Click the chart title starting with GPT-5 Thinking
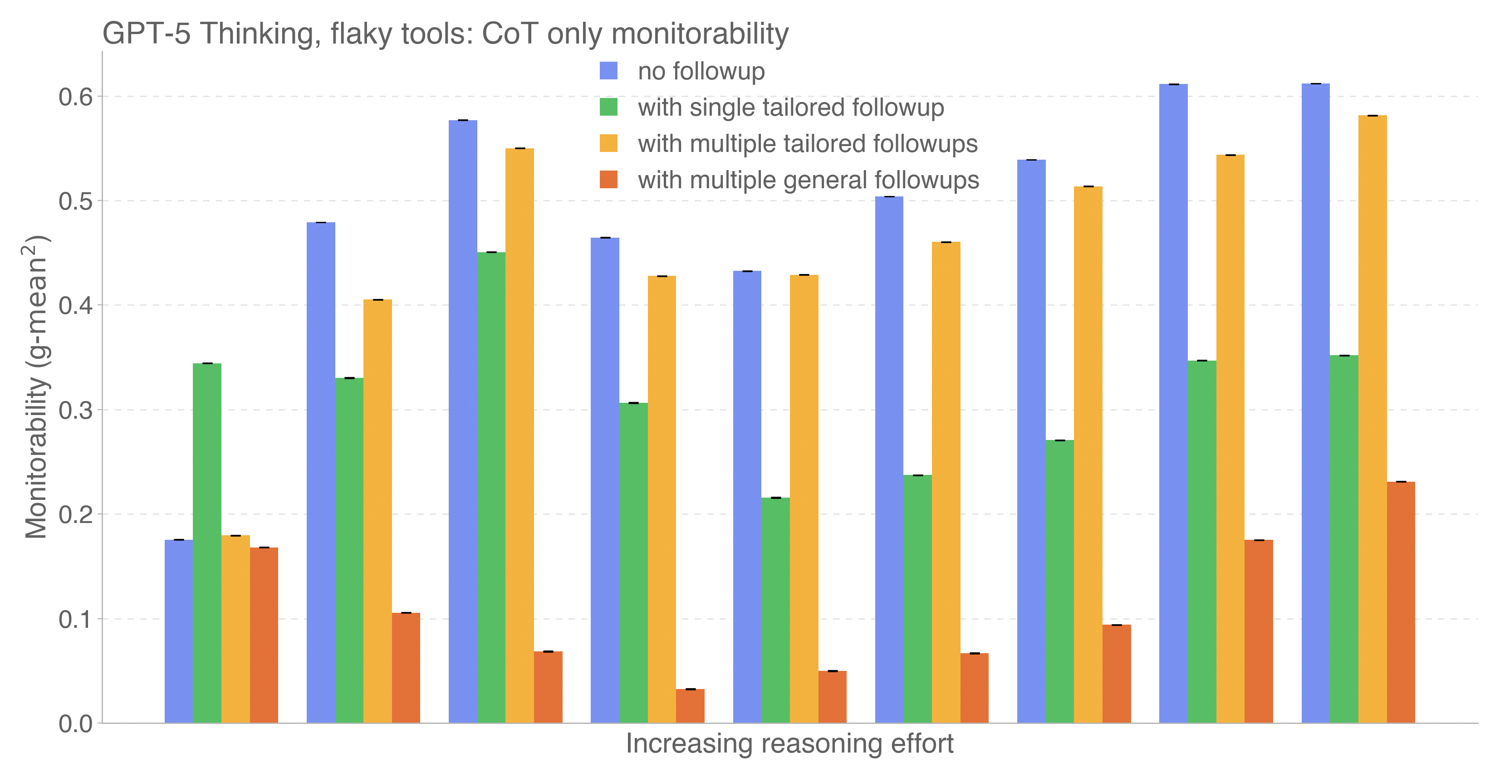coord(446,34)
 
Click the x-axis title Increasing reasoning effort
coord(789,744)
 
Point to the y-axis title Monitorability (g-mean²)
coord(36,386)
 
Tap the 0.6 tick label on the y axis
coord(75,97)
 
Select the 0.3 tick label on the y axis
coord(75,411)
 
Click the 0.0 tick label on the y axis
coord(75,724)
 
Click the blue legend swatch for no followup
coord(608,71)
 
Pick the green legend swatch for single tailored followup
coord(608,107)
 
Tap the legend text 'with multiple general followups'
coord(808,180)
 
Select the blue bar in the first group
coord(179,631)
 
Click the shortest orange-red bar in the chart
coord(690,706)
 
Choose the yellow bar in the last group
coord(1372,419)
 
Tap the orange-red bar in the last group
coord(1400,602)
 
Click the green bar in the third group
coord(491,487)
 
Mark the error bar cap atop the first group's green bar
coord(207,363)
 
